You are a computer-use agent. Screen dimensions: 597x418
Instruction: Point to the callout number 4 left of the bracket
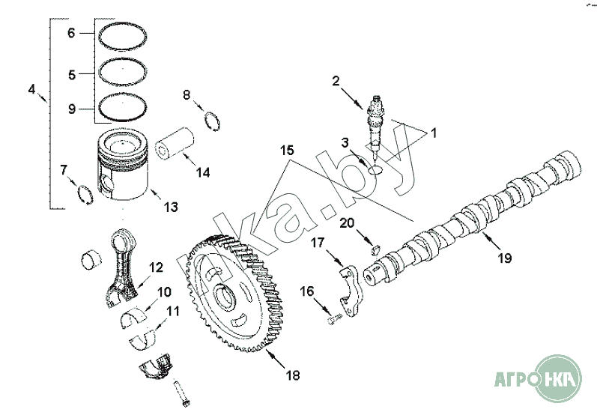tap(31, 89)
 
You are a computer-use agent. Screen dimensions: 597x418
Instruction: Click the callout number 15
tap(287, 150)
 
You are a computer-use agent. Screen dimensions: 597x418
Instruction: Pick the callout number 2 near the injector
tap(336, 80)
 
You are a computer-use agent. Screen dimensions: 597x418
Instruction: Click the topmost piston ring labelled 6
tap(123, 33)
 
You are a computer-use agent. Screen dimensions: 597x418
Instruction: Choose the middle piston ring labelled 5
tap(123, 73)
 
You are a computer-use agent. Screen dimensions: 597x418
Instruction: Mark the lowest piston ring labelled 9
tap(123, 108)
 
